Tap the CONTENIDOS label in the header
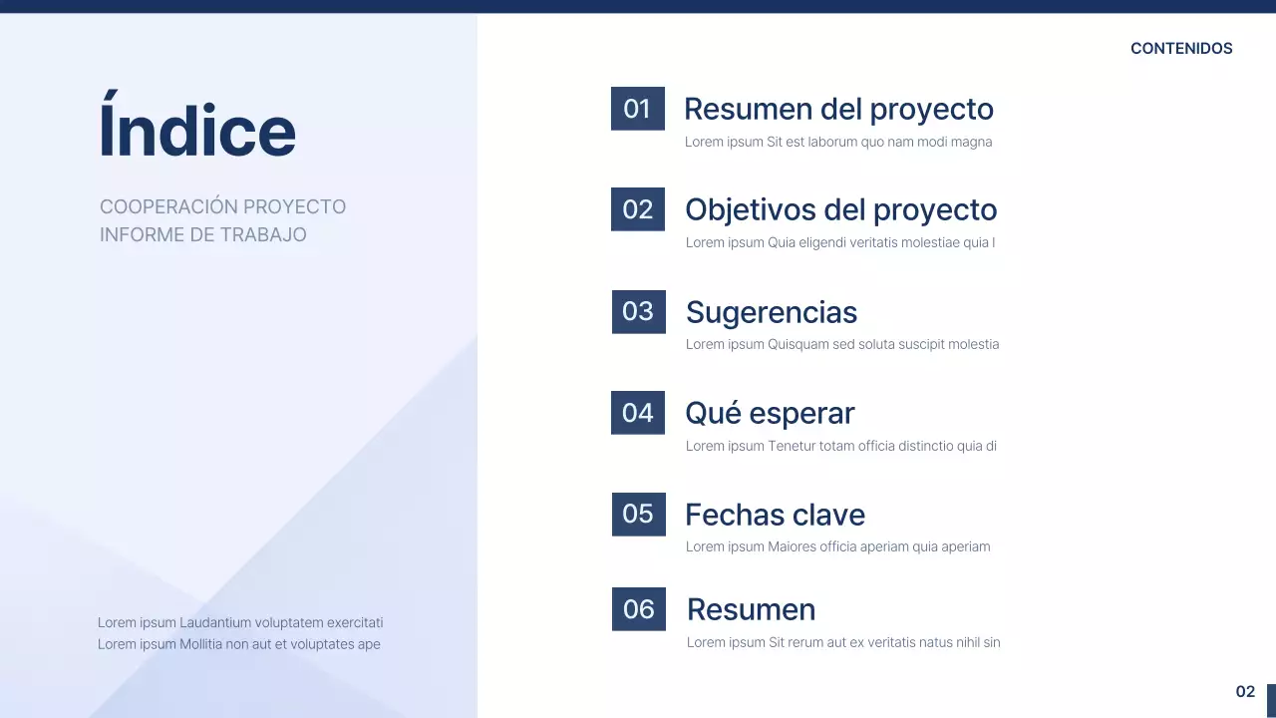(1181, 49)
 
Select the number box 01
(637, 109)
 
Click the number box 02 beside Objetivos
(637, 209)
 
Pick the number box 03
(638, 311)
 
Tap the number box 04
(637, 413)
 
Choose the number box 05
(638, 514)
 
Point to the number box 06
(638, 609)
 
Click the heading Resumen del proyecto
(838, 109)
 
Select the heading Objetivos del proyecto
(840, 209)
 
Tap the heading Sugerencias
(772, 312)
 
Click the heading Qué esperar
(770, 413)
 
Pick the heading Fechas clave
(775, 515)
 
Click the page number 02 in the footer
(1245, 692)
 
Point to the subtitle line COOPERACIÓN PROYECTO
(222, 206)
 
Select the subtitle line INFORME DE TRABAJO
(202, 235)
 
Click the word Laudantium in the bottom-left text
(215, 623)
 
